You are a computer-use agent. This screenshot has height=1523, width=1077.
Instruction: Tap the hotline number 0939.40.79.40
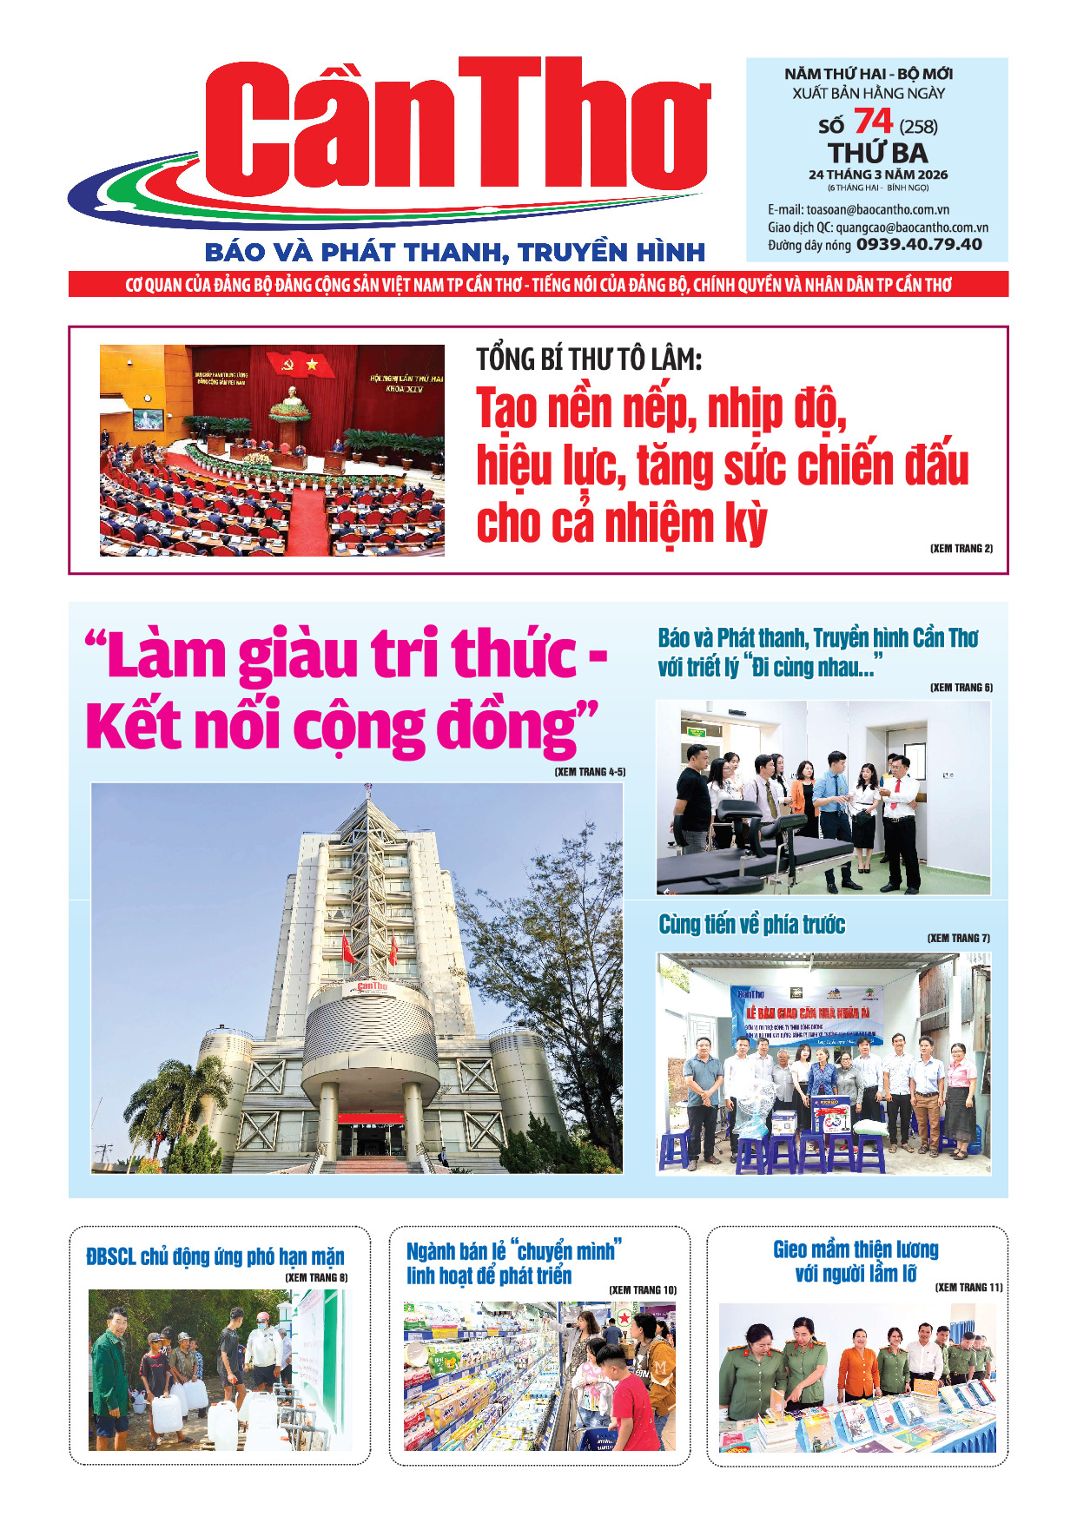[x=919, y=245]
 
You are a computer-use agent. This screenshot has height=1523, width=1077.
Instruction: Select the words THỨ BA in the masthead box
[x=877, y=153]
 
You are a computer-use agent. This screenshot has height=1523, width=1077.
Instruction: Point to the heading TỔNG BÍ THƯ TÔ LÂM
[x=589, y=359]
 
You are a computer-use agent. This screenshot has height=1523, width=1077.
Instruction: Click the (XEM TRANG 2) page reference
[x=961, y=549]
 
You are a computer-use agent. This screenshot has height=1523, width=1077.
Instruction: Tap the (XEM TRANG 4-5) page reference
[x=590, y=772]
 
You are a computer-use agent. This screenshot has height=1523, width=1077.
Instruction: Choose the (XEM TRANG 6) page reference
[x=961, y=688]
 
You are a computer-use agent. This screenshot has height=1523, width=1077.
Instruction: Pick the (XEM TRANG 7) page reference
[x=958, y=939]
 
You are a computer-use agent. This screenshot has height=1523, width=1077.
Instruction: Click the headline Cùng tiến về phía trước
[x=751, y=925]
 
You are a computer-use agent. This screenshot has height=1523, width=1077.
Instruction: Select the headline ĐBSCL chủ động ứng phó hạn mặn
[x=215, y=1256]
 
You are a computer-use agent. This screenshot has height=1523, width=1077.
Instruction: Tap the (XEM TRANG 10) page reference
[x=642, y=1290]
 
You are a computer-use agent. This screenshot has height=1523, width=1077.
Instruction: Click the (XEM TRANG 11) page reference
[x=968, y=1288]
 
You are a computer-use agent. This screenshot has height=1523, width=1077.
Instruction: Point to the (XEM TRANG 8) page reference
[x=316, y=1278]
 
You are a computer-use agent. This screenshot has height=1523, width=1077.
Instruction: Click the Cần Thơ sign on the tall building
[x=372, y=987]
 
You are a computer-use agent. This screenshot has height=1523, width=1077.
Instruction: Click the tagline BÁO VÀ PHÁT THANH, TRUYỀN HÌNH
[x=454, y=253]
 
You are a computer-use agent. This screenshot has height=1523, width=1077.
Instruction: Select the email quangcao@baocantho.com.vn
[x=912, y=227]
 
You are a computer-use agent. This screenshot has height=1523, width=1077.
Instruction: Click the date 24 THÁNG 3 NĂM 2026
[x=877, y=175]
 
